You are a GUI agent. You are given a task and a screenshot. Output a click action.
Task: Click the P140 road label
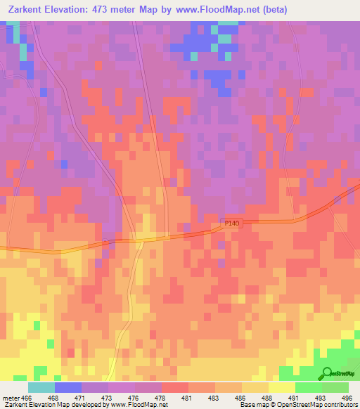click(x=232, y=223)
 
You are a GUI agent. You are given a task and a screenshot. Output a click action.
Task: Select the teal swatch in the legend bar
click(x=41, y=387)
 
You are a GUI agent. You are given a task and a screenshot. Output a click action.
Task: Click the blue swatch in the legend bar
click(x=67, y=387)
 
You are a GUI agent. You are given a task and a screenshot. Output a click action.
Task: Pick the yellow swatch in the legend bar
click(x=281, y=387)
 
